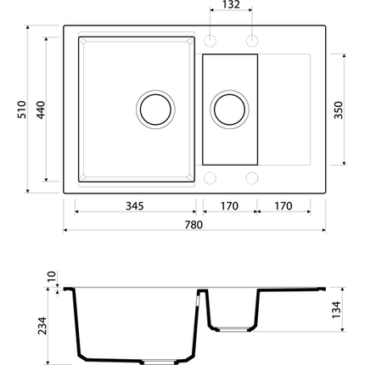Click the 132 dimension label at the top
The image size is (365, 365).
pyautogui.click(x=231, y=4)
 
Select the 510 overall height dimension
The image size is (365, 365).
pyautogui.click(x=22, y=109)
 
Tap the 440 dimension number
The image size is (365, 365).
pyautogui.click(x=41, y=109)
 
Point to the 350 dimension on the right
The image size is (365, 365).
pyautogui.click(x=338, y=109)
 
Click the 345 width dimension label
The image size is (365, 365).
pyautogui.click(x=135, y=206)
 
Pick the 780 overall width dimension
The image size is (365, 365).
pyautogui.click(x=194, y=225)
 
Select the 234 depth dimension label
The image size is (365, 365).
pyautogui.click(x=42, y=326)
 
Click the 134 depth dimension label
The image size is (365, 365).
pyautogui.click(x=337, y=310)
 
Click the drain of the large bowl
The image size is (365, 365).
pyautogui.click(x=155, y=109)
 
